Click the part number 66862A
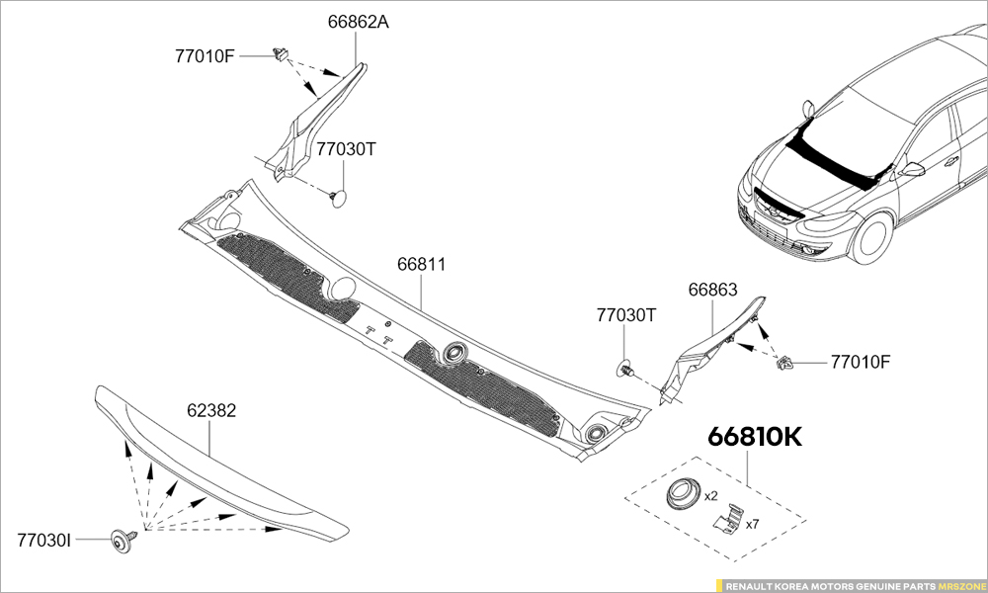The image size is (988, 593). [358, 22]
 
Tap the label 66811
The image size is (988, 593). [422, 265]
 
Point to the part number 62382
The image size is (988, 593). [211, 410]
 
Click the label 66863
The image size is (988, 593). [712, 290]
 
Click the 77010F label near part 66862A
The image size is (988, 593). [206, 55]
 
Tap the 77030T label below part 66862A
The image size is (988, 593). [347, 149]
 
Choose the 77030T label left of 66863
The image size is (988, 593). [626, 315]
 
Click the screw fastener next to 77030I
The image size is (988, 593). [123, 539]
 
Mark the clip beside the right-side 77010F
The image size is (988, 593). [788, 363]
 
